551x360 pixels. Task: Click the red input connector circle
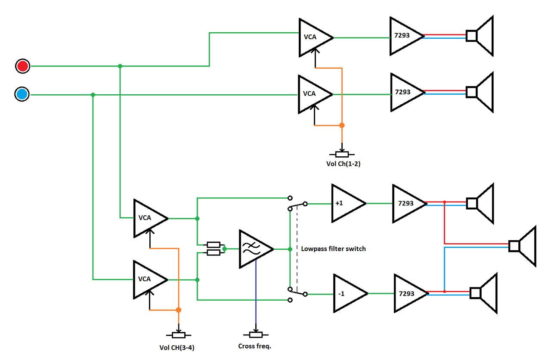(x=22, y=66)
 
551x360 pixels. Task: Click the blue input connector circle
(x=22, y=94)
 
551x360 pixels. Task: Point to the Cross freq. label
(x=254, y=346)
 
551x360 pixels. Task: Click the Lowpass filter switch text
(x=333, y=248)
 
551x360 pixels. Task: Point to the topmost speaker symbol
(x=480, y=36)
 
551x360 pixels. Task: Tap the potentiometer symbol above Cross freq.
(x=256, y=335)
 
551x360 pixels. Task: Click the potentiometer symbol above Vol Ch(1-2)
(x=342, y=154)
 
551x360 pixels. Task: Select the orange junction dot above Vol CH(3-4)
(x=178, y=310)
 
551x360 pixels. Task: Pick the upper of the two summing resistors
(x=214, y=245)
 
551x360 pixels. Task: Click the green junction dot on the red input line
(x=120, y=66)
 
